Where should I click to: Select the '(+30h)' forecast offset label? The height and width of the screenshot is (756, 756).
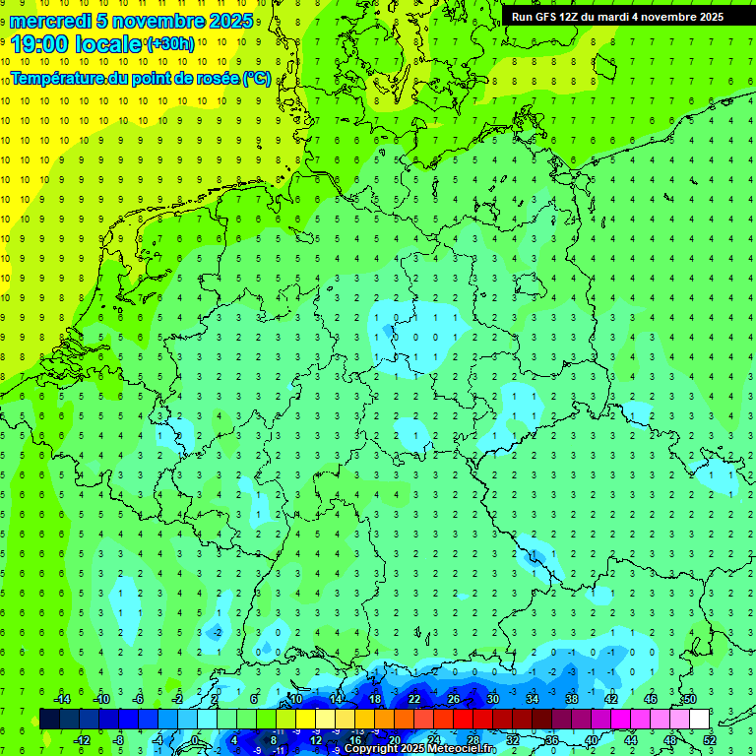coord(170,44)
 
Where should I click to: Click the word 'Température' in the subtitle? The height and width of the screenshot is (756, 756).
coord(58,78)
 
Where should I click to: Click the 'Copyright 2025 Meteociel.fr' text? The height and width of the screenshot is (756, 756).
coord(422,748)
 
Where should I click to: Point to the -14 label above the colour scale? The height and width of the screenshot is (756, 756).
coord(61,699)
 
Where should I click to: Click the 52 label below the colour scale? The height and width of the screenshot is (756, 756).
coord(710,740)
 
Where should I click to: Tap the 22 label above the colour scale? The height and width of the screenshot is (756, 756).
coord(414,699)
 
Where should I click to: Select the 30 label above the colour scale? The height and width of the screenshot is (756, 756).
coord(493,699)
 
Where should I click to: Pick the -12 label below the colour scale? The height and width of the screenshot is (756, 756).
coord(82,740)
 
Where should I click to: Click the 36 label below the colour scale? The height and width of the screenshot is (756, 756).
coord(552,740)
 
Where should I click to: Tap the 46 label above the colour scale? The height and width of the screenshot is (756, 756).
coord(651,699)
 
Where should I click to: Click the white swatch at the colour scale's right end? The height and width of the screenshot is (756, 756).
coord(700,719)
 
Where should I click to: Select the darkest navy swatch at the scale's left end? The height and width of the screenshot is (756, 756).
coord(49,719)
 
